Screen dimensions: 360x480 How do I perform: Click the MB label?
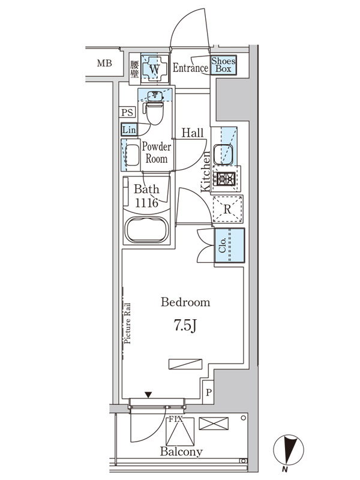104,64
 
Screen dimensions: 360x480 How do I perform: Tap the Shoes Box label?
223,65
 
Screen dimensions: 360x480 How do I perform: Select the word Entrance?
190,68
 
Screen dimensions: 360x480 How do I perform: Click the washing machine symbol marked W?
155,68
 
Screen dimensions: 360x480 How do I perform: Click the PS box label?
127,112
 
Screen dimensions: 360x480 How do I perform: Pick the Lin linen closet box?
129,130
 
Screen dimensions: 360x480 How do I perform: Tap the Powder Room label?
157,152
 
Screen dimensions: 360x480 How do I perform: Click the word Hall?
193,133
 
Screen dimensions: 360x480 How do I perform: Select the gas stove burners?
226,178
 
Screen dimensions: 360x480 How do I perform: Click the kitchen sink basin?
223,154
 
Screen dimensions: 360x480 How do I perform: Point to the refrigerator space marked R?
227,209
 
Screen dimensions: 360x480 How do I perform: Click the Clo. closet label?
222,245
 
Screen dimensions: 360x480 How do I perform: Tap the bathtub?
147,230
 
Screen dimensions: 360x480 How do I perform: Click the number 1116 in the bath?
146,203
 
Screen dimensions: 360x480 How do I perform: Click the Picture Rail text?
127,323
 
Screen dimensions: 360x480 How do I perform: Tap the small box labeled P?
208,392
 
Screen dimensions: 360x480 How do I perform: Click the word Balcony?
181,452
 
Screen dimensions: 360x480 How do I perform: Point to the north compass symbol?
289,450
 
